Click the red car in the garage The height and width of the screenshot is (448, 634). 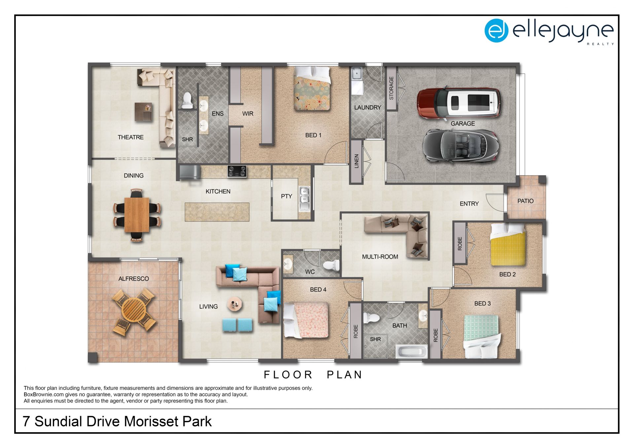(459, 103)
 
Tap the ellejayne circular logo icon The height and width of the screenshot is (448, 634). (496, 31)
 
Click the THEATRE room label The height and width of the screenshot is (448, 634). (131, 137)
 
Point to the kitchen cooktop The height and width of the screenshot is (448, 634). (237, 171)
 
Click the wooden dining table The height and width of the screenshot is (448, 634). (137, 215)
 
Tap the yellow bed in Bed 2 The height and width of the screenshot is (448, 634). (508, 244)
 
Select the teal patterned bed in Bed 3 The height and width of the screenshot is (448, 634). (482, 336)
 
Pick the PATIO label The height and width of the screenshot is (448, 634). (525, 201)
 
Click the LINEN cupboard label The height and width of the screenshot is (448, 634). (357, 161)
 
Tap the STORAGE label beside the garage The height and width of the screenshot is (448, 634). (391, 88)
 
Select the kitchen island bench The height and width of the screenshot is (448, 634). (217, 212)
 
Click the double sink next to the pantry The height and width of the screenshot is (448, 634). (304, 199)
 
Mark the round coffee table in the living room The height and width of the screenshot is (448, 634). (235, 304)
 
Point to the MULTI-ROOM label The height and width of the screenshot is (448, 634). (380, 257)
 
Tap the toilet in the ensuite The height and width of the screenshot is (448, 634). (187, 100)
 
